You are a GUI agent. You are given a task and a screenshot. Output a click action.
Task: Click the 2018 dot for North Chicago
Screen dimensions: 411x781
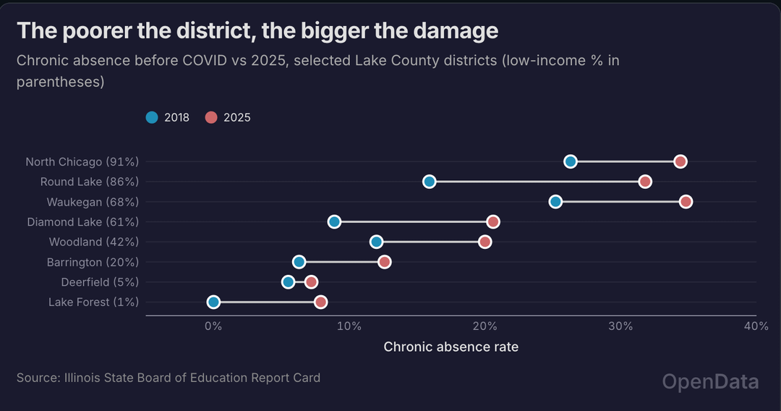click(x=571, y=161)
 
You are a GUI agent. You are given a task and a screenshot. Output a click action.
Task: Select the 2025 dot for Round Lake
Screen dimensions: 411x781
click(x=645, y=182)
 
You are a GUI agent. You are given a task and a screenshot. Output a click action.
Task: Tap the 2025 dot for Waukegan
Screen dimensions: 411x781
click(x=686, y=201)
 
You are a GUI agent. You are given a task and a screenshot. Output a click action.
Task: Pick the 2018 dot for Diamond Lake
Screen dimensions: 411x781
click(x=334, y=221)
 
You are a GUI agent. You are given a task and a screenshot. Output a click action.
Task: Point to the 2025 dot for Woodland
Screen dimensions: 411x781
click(x=485, y=242)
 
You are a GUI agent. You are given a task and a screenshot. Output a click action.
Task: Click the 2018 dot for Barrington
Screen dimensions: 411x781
click(x=299, y=261)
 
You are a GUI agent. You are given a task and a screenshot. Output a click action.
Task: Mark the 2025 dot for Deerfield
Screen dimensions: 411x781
click(x=311, y=281)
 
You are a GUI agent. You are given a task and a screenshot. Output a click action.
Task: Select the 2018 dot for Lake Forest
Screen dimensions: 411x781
click(x=213, y=302)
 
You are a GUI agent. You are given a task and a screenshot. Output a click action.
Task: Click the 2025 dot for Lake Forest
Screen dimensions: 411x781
click(x=320, y=302)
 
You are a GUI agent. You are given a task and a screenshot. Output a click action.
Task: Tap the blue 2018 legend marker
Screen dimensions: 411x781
click(x=152, y=117)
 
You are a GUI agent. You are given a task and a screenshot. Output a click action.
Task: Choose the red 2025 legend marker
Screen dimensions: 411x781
click(x=211, y=117)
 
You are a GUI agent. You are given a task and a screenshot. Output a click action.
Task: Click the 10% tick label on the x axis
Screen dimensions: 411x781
click(x=349, y=326)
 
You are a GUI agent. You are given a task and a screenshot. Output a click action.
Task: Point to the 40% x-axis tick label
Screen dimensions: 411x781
click(x=756, y=326)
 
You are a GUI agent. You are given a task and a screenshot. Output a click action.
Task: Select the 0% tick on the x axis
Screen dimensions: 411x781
click(x=213, y=326)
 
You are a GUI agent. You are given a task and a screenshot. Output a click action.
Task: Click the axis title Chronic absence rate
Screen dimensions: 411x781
click(x=451, y=347)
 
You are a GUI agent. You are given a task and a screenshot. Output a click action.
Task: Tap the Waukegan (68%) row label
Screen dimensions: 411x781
click(x=93, y=202)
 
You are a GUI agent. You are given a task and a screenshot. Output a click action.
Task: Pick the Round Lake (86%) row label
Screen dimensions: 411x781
click(x=90, y=182)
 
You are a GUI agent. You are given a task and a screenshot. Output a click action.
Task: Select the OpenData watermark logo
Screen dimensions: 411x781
click(x=710, y=382)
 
